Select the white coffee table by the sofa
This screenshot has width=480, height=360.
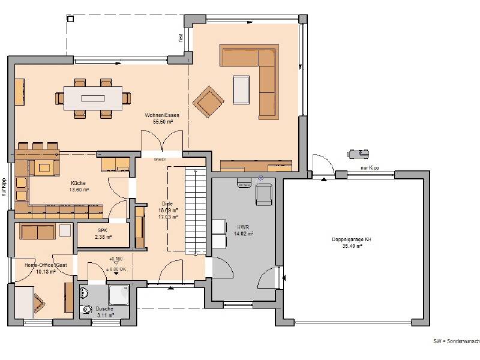click(242, 89)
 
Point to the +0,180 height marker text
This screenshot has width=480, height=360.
click(115, 259)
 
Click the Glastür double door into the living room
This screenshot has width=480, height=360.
click(160, 144)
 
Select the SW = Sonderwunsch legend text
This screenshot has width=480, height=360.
click(456, 341)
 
